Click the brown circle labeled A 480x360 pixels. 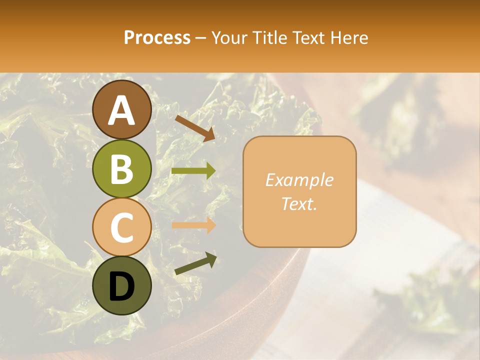coord(121,109)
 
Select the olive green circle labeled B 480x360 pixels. coord(121,168)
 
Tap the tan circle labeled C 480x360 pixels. coord(121,227)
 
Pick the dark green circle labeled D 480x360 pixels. coord(121,285)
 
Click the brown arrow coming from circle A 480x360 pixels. coord(195,127)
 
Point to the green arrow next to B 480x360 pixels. coord(193,171)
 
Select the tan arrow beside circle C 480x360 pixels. coord(193,225)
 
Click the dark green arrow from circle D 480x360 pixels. coord(195,264)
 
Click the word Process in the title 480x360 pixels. coord(157,37)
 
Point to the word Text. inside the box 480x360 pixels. coord(299,203)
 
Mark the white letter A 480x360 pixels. coord(121,110)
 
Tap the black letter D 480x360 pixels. coord(121,286)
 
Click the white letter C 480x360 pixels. coord(121,227)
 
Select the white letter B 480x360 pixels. coord(121,169)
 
